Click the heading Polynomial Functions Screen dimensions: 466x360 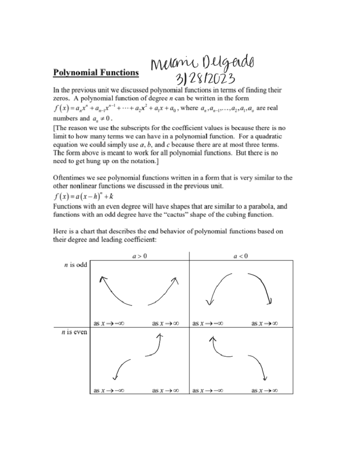tap(96, 73)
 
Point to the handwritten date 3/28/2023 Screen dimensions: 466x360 tap(205, 79)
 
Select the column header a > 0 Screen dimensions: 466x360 tap(140, 256)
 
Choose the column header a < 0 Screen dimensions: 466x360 tap(241, 256)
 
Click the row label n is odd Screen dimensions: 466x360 tap(76, 265)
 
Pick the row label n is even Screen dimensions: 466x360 tap(74, 332)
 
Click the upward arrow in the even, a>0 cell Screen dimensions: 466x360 tap(155, 345)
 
